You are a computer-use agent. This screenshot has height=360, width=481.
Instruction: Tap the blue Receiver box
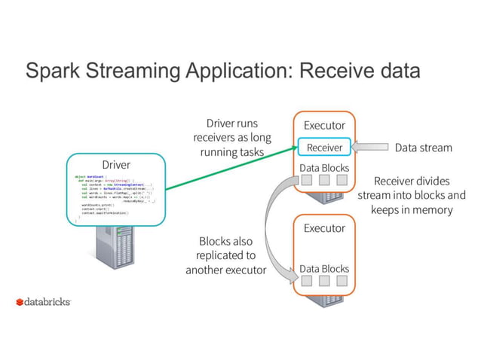tap(323, 148)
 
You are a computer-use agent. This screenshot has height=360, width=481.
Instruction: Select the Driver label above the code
tap(115, 164)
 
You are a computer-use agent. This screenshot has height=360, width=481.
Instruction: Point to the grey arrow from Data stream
tap(369, 148)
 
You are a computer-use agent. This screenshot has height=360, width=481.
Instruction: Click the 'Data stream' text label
tap(423, 148)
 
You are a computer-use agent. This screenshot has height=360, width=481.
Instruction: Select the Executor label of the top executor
tap(323, 125)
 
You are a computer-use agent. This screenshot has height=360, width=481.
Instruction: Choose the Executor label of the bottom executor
tap(323, 227)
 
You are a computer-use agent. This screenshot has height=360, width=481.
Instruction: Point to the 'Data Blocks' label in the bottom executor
tap(324, 268)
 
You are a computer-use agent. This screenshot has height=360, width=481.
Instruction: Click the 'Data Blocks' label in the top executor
tap(324, 167)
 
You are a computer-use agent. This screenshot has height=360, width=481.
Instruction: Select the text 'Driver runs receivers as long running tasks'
tap(231, 137)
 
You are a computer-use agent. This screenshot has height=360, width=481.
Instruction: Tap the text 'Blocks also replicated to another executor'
tap(225, 255)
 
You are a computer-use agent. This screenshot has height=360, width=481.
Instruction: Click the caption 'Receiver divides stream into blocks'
tap(411, 195)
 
